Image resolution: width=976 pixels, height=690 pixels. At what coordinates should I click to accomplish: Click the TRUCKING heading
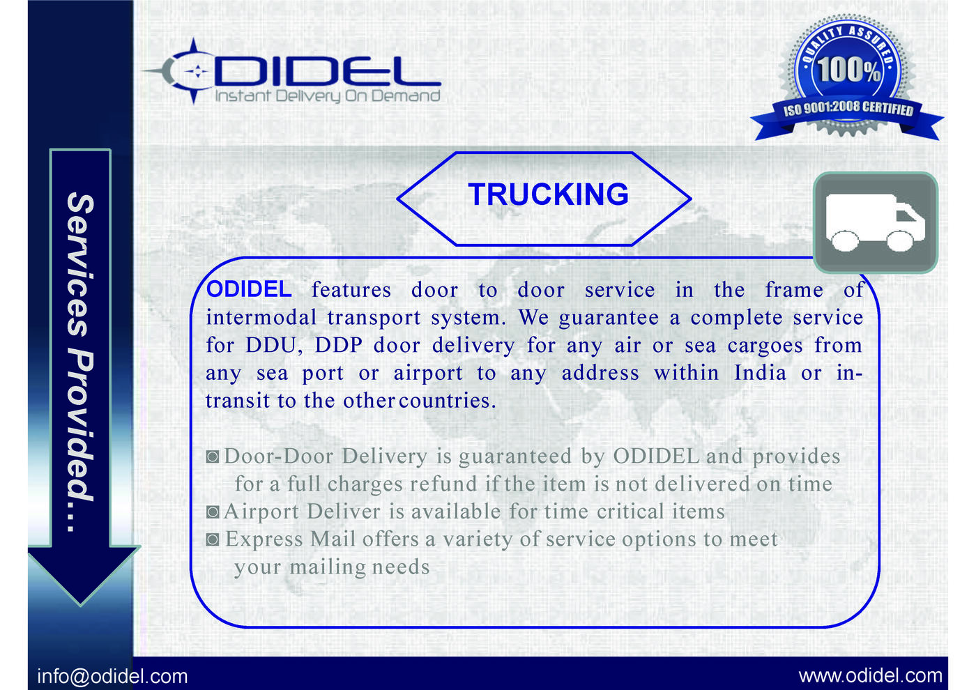[548, 194]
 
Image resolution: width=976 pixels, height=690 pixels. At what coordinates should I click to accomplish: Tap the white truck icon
[875, 222]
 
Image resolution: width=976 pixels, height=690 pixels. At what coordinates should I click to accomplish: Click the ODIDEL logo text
[327, 71]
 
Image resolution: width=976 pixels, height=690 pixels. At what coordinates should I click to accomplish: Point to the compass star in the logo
[195, 71]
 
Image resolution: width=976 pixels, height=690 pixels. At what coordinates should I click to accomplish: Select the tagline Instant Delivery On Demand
[328, 95]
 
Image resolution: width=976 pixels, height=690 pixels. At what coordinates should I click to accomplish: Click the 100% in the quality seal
[849, 69]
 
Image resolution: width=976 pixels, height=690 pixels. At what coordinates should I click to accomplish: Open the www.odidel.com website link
[871, 676]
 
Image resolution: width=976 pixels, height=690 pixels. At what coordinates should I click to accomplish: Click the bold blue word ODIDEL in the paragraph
[249, 289]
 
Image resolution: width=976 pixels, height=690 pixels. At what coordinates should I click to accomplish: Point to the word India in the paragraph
[761, 372]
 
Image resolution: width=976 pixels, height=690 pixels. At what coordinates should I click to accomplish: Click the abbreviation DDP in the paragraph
[338, 345]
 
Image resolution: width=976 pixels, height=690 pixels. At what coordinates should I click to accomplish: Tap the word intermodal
[261, 317]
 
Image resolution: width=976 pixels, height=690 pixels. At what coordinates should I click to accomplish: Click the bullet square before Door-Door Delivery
[213, 457]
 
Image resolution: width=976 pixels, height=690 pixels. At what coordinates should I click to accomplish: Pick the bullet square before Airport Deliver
[213, 512]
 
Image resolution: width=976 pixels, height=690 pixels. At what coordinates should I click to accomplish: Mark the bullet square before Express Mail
[213, 539]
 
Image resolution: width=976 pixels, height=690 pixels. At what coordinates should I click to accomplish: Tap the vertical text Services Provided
[81, 362]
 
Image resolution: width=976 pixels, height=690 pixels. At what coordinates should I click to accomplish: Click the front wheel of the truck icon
[900, 241]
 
